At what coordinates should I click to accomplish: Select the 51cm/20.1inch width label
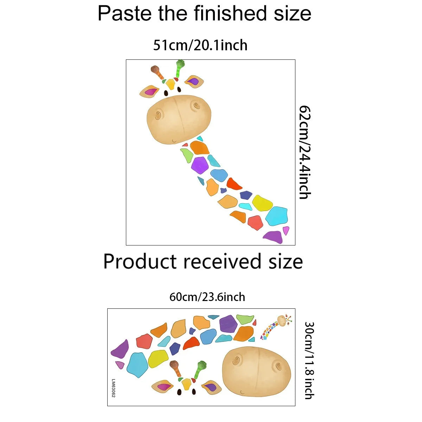tap(200, 45)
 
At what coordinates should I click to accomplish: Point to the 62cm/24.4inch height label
tap(305, 152)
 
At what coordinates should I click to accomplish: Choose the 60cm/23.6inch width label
tap(207, 297)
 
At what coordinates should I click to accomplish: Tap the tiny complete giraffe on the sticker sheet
tap(276, 327)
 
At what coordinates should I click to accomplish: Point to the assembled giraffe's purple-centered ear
tap(194, 82)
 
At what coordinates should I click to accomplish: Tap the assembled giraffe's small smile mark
tap(174, 141)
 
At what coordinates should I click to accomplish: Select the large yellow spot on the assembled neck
tap(262, 203)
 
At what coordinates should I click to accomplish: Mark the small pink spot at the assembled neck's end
tap(286, 231)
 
